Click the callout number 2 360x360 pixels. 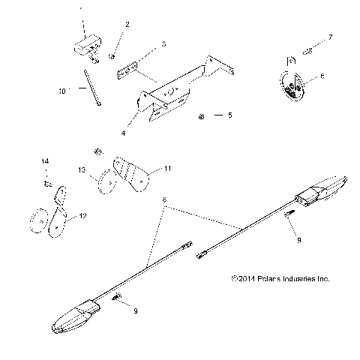pos(127,24)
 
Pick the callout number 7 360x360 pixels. pos(330,36)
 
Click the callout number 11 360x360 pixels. pos(168,169)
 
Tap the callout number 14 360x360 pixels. pos(44,161)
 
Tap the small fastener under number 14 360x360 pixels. pos(46,181)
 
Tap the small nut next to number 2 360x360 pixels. pos(111,54)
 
